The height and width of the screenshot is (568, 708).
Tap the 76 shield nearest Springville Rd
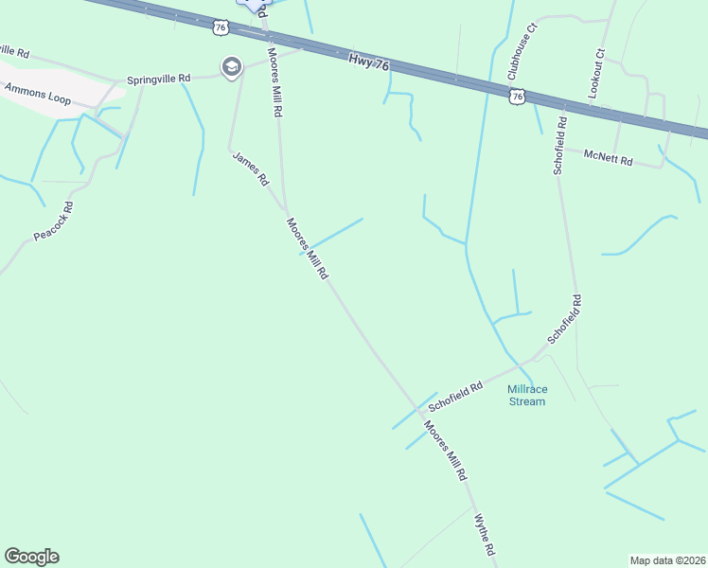click(221, 27)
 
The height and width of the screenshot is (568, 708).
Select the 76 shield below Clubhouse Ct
click(516, 97)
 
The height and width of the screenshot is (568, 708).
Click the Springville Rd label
click(160, 79)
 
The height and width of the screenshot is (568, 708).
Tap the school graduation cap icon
click(231, 67)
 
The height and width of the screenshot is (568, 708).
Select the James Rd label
click(251, 170)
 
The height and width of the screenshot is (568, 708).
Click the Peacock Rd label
click(54, 221)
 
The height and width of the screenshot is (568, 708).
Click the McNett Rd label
click(608, 156)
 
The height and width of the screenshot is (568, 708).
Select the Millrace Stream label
click(526, 395)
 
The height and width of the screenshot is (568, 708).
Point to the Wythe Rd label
click(485, 535)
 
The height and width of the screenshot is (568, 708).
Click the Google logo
click(31, 557)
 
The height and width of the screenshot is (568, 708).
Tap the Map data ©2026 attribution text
click(667, 560)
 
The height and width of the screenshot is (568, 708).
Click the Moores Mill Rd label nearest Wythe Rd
click(446, 453)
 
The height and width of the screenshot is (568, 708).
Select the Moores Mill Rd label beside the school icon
click(275, 82)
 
